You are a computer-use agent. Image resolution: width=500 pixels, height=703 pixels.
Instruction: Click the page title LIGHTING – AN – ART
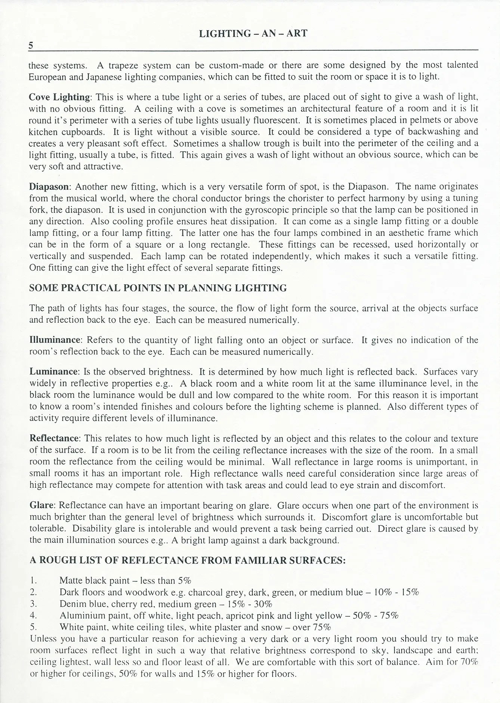coord(253,34)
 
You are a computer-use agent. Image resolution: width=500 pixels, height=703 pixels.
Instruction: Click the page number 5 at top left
coord(31,46)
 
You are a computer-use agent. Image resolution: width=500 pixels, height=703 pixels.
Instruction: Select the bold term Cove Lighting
coord(60,97)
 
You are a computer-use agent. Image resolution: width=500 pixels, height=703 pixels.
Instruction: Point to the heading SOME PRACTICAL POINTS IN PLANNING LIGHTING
coord(158,288)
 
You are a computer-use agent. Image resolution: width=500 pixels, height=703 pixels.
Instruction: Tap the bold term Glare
coord(42,505)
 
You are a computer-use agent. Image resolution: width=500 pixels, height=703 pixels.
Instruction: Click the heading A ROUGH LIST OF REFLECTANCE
coord(187,560)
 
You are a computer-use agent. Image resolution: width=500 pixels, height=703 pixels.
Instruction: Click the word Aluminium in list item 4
coord(81,615)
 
